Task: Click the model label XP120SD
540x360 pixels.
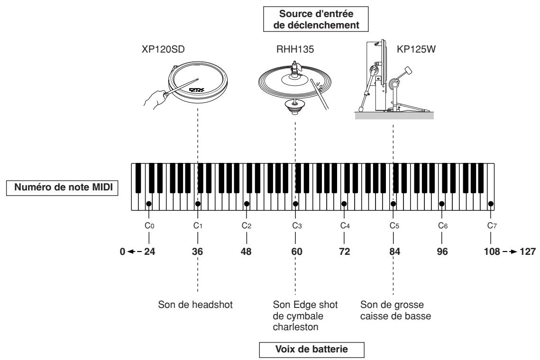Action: click(x=163, y=49)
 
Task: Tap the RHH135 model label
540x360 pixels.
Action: click(x=295, y=49)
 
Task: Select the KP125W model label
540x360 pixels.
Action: click(x=416, y=49)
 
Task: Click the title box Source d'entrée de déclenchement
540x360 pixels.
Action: click(x=316, y=19)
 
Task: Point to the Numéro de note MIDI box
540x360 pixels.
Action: click(x=62, y=188)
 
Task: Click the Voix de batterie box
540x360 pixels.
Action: click(x=311, y=349)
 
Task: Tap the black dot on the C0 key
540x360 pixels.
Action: click(x=149, y=204)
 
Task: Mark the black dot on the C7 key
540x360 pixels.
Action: click(x=491, y=204)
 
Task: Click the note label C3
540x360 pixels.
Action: click(x=297, y=226)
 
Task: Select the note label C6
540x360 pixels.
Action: click(x=443, y=226)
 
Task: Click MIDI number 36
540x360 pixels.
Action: click(x=197, y=252)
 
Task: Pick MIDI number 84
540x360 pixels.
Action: click(x=394, y=252)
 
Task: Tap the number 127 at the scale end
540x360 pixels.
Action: click(x=528, y=252)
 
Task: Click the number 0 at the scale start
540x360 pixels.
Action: click(x=123, y=252)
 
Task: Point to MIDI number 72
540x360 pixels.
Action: click(x=344, y=252)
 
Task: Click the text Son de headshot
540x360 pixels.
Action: click(x=195, y=305)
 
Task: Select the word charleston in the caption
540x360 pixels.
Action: click(x=295, y=327)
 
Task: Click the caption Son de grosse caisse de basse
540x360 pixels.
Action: click(x=396, y=310)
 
